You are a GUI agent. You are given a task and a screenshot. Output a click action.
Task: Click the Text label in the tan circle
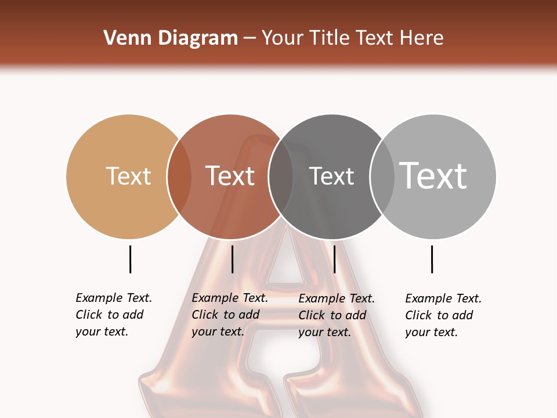pos(128,176)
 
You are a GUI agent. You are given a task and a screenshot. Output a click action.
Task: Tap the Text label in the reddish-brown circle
pos(230,176)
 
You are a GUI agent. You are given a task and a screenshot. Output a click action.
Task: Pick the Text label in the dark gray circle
pos(331,176)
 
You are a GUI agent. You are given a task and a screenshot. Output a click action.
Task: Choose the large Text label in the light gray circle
pos(433,176)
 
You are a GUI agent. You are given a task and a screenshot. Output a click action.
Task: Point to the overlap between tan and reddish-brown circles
pos(179,176)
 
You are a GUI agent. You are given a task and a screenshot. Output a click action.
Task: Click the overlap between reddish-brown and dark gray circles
pos(281,176)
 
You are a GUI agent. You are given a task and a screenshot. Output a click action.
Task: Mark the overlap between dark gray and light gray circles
pos(382,176)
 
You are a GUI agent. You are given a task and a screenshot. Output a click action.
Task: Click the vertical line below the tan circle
pos(130,259)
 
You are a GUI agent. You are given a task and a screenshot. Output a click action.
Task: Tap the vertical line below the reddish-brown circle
pos(232,259)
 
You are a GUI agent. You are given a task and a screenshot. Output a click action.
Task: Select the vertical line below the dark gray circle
pos(334,259)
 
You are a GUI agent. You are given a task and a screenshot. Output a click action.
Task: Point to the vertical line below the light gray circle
pos(432,259)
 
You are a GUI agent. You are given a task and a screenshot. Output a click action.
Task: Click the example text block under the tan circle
pos(113,315)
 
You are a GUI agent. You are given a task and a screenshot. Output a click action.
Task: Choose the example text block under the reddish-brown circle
pos(229,315)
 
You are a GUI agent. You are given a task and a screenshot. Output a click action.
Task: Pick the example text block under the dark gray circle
pos(336,315)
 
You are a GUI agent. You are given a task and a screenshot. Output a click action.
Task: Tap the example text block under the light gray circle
pos(443,315)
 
